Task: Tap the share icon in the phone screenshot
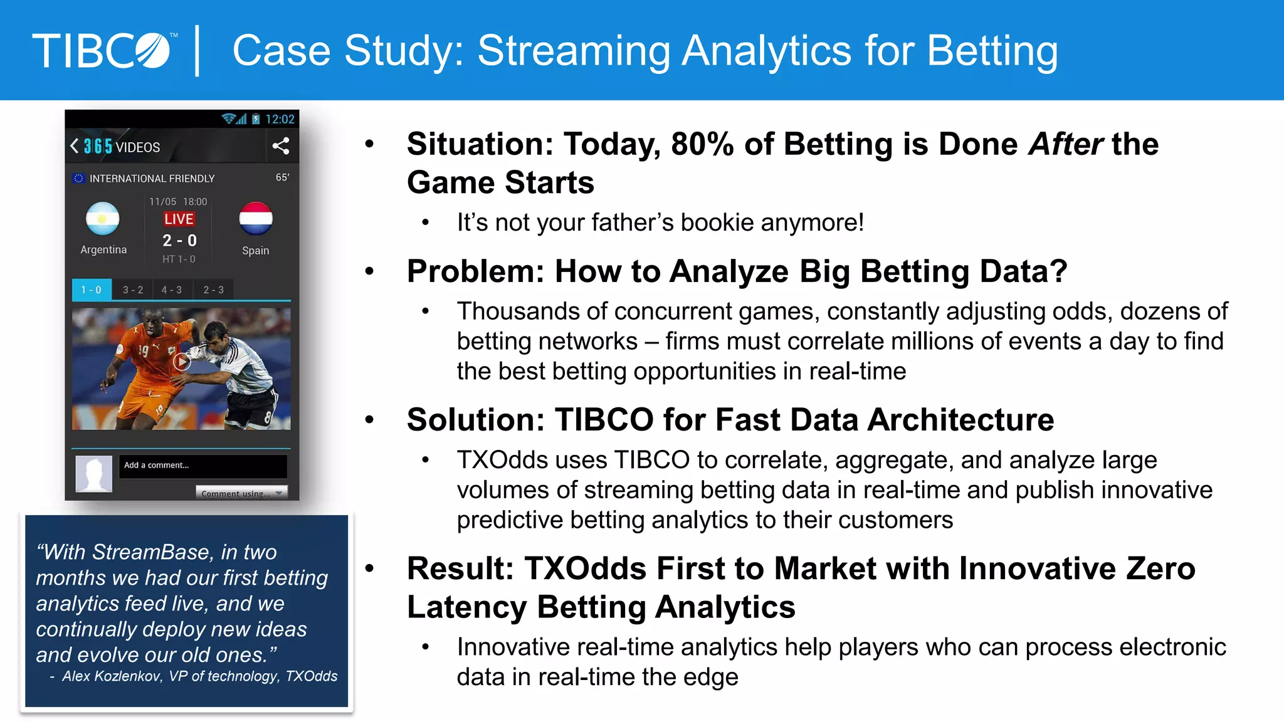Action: click(280, 146)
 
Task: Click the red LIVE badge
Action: click(179, 219)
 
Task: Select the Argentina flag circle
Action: click(103, 219)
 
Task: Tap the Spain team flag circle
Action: click(256, 219)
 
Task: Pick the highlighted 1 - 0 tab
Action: click(92, 290)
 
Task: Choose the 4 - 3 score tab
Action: click(171, 290)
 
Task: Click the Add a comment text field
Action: click(203, 466)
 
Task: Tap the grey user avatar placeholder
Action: click(93, 473)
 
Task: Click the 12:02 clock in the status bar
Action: click(280, 119)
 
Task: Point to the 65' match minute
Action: click(282, 178)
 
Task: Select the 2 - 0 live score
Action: click(179, 241)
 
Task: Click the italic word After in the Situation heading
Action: click(1065, 144)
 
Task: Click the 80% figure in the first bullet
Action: click(702, 144)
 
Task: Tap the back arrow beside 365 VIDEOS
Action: click(75, 146)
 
